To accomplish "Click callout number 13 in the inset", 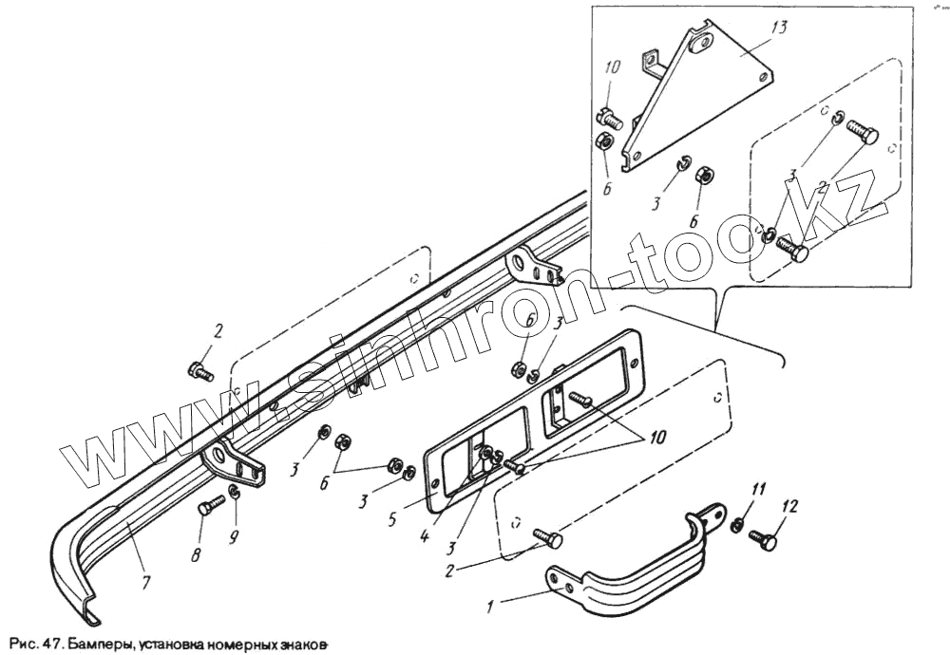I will tap(779, 27).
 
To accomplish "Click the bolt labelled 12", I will tap(765, 541).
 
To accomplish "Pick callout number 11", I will tap(758, 490).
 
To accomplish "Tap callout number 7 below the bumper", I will tap(144, 581).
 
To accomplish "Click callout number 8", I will tap(196, 554).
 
